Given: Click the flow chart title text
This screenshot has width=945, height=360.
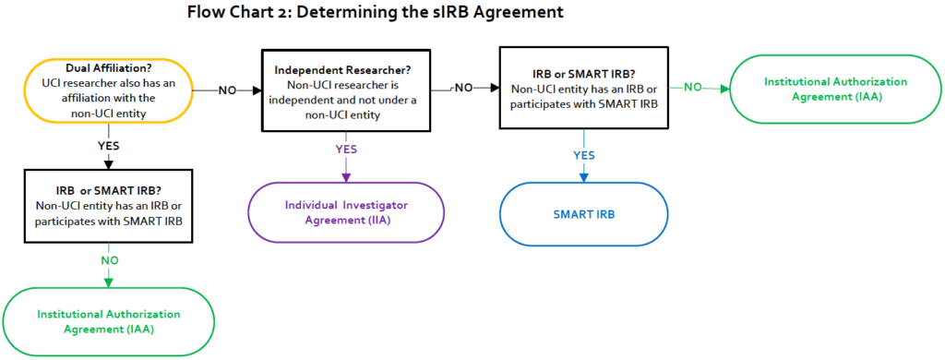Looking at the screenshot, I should (x=375, y=13).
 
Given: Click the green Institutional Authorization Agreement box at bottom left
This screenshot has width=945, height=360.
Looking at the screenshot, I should (x=109, y=321).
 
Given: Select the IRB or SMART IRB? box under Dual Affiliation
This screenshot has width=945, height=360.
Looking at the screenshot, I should (x=109, y=206).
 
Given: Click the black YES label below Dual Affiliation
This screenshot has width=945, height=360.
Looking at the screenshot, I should (x=109, y=146).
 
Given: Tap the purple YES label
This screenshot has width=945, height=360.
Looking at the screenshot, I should (x=345, y=149).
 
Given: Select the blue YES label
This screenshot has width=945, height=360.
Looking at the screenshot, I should (x=584, y=155).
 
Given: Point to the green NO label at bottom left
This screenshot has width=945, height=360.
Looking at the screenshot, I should (x=110, y=261).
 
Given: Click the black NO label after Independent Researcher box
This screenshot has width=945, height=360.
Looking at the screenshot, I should (x=464, y=87).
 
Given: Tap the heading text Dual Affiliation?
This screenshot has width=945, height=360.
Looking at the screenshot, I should (x=109, y=66).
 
